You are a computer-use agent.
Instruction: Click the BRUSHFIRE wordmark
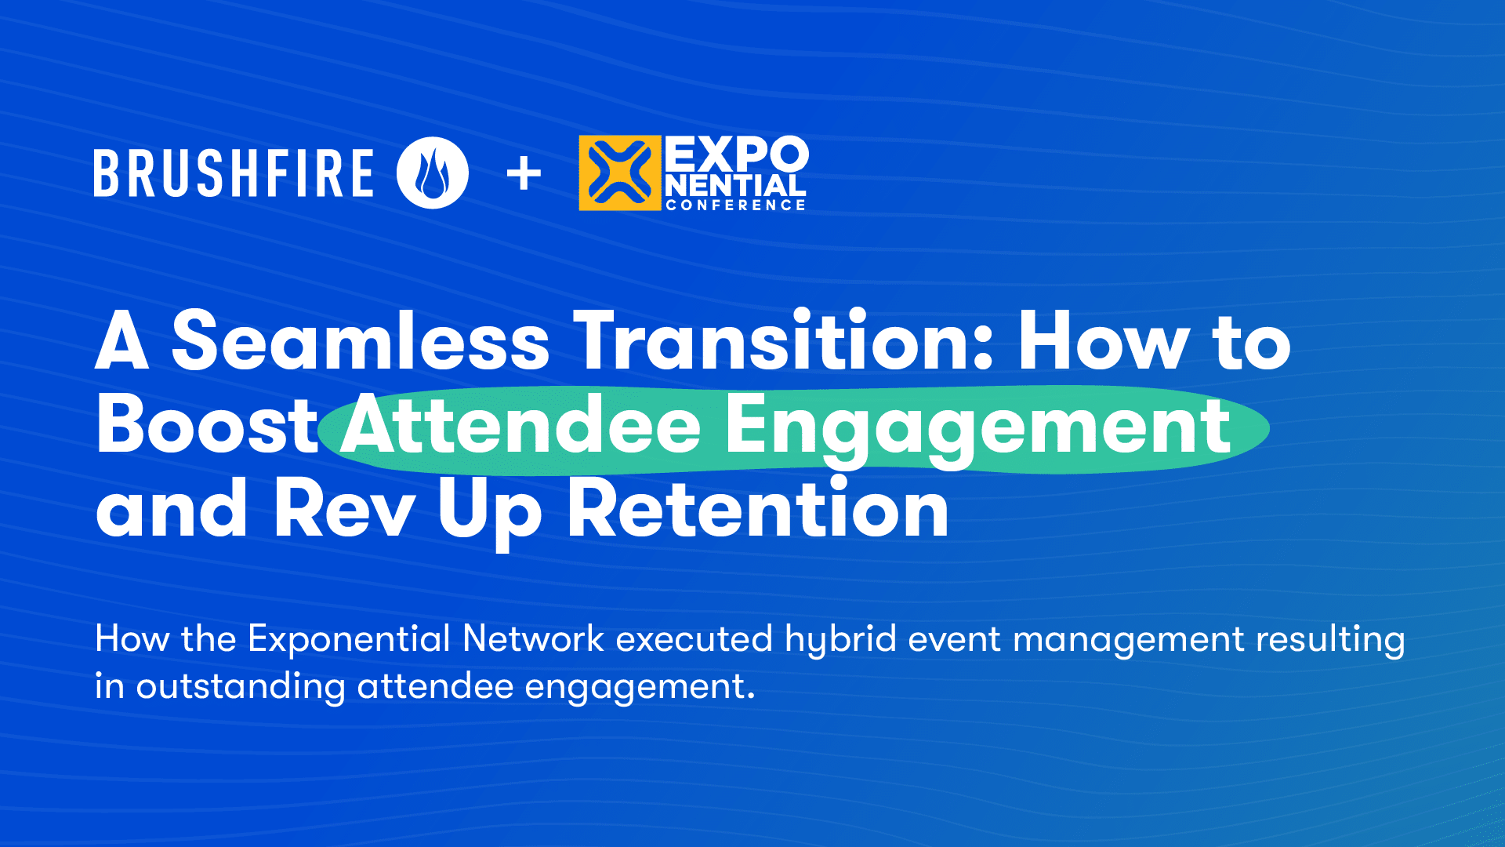tap(234, 173)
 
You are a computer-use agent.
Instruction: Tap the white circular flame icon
tap(433, 173)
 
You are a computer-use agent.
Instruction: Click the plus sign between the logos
tap(524, 173)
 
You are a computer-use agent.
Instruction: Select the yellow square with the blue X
tap(619, 173)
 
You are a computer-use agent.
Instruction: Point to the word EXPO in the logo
tap(736, 154)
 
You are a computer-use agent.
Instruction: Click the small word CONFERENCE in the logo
tap(735, 205)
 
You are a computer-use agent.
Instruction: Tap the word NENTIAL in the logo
tap(735, 186)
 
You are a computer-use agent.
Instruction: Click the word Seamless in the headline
tap(361, 341)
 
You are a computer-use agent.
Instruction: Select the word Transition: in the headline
tap(784, 341)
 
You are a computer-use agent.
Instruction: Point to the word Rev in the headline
tap(343, 511)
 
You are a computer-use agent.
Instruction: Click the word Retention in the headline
tap(757, 511)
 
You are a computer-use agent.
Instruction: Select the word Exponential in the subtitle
tap(349, 639)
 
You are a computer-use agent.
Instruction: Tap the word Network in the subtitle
tap(533, 638)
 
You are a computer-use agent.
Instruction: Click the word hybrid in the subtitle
tap(840, 639)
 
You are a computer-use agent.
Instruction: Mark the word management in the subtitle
tap(1128, 640)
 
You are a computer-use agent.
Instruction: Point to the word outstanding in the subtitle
tap(241, 687)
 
